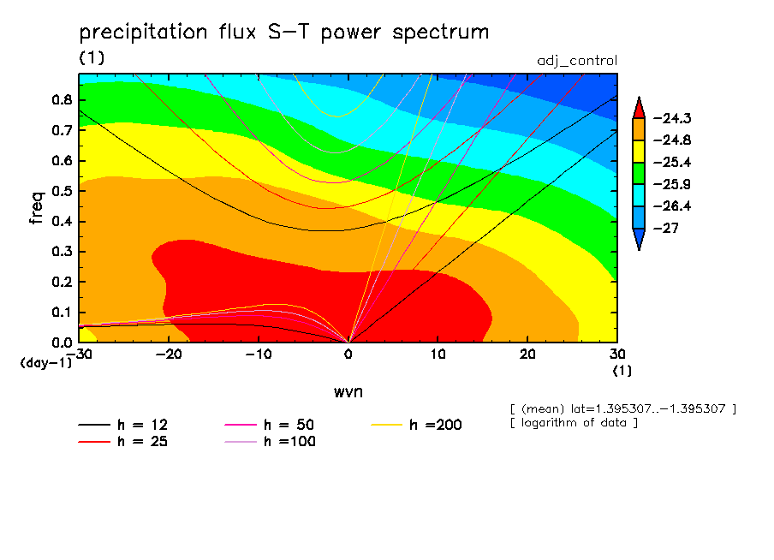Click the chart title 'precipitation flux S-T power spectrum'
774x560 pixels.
[283, 33]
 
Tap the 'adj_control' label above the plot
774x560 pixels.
[576, 61]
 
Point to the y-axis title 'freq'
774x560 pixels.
[37, 207]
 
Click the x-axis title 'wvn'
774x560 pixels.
[348, 391]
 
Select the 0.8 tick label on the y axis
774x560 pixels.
[62, 99]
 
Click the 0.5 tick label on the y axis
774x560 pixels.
[62, 190]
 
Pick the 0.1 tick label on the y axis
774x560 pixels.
[62, 312]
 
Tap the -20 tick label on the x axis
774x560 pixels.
[169, 354]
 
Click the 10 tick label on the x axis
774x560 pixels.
[438, 354]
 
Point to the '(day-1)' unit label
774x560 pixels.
[45, 362]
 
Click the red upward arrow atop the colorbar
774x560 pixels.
[639, 107]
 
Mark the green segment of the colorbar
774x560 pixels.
[639, 173]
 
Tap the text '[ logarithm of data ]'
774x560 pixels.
[573, 423]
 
